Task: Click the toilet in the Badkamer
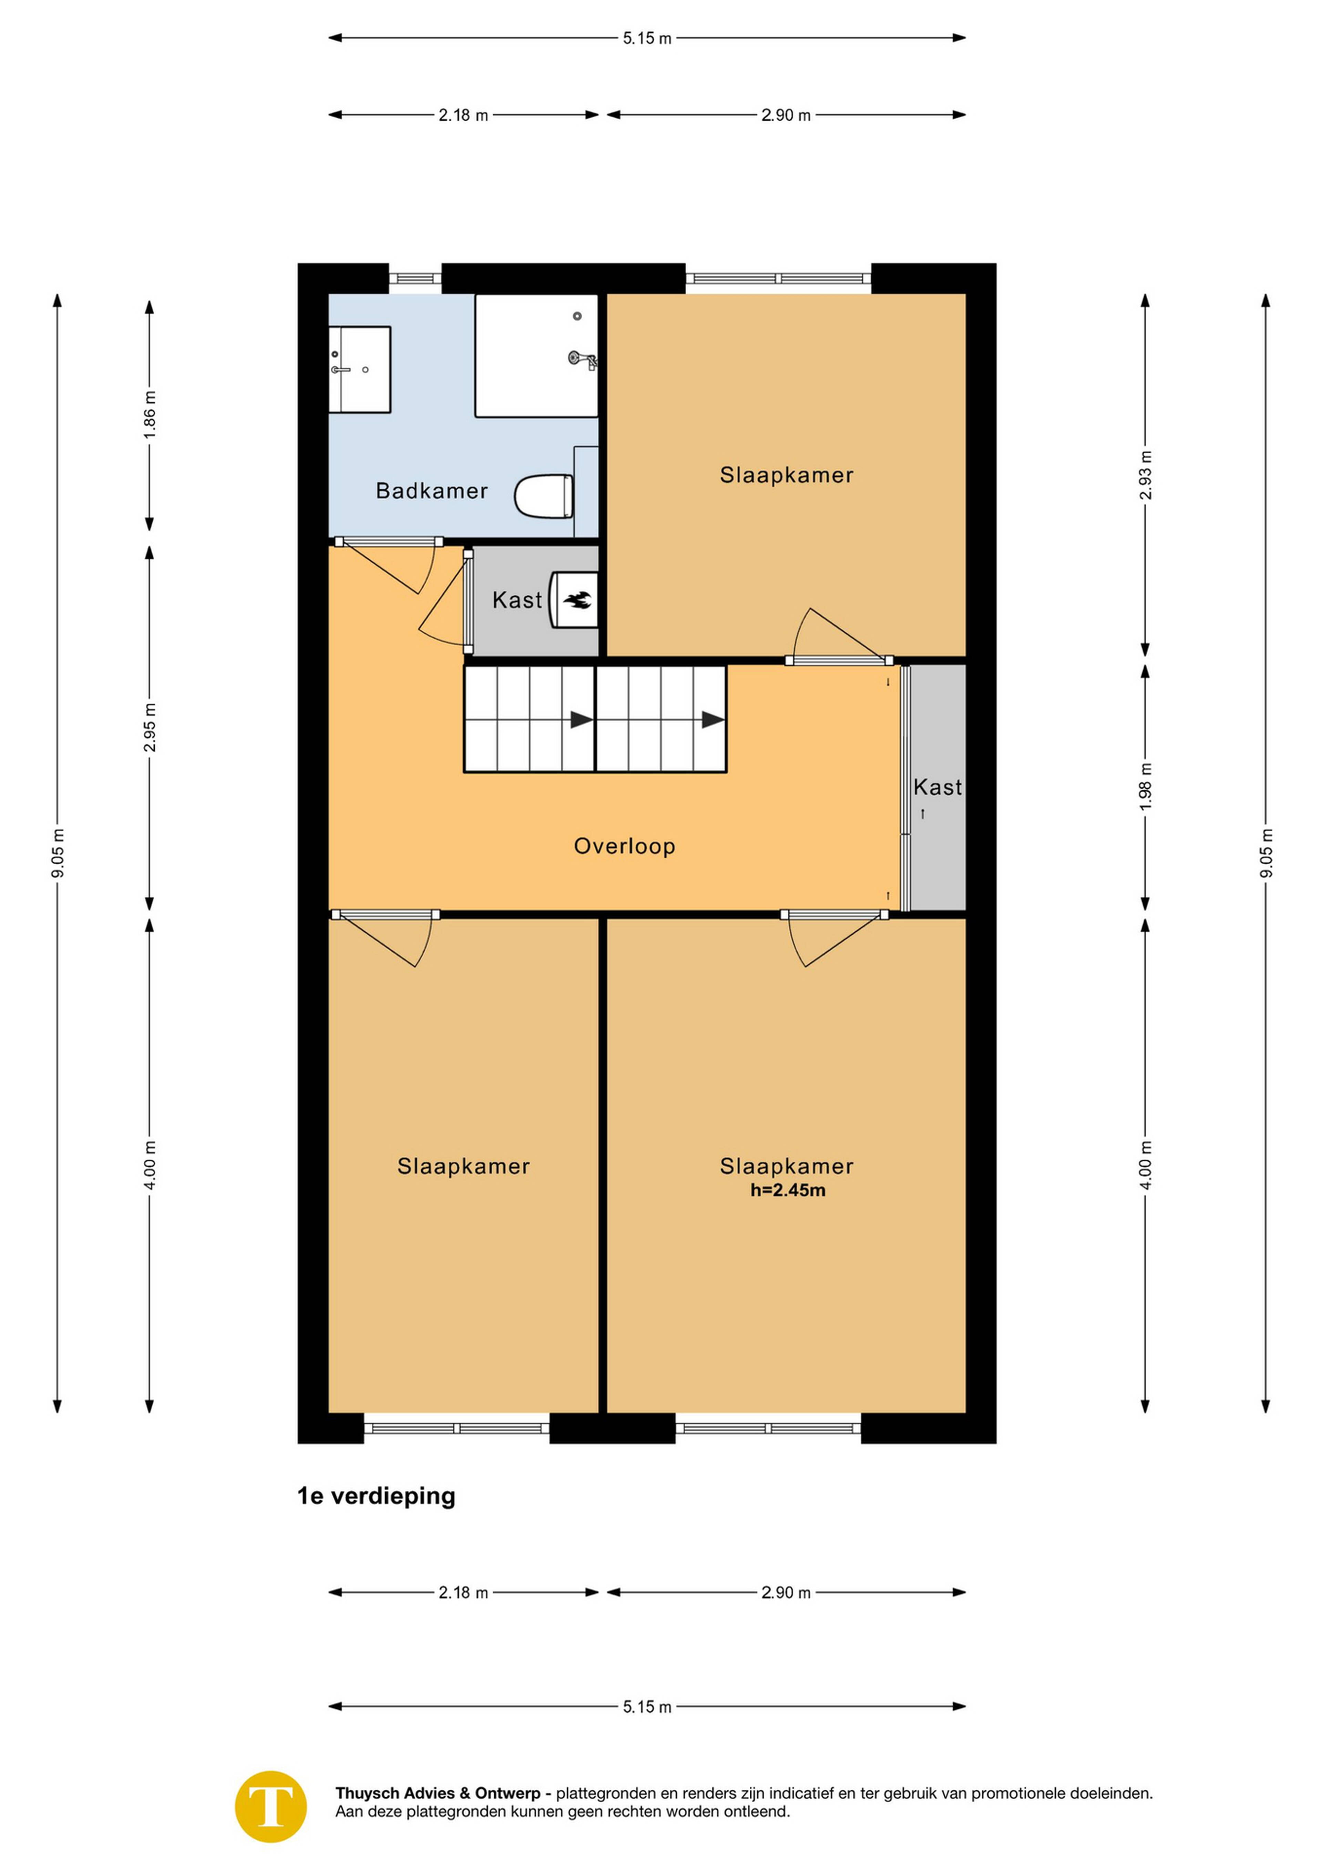coord(544,496)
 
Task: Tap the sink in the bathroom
coord(359,370)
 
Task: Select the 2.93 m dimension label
coord(1146,475)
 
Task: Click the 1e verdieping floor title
coord(376,1496)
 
